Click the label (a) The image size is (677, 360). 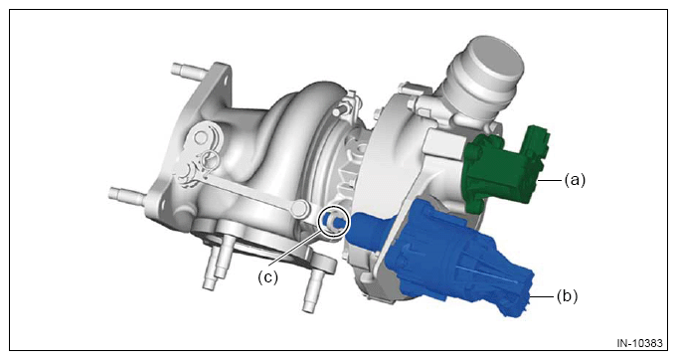coord(576,179)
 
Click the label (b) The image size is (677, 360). coord(567,296)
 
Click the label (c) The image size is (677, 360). coord(268,276)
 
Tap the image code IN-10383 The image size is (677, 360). coord(639,343)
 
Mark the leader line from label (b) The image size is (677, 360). coord(542,296)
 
